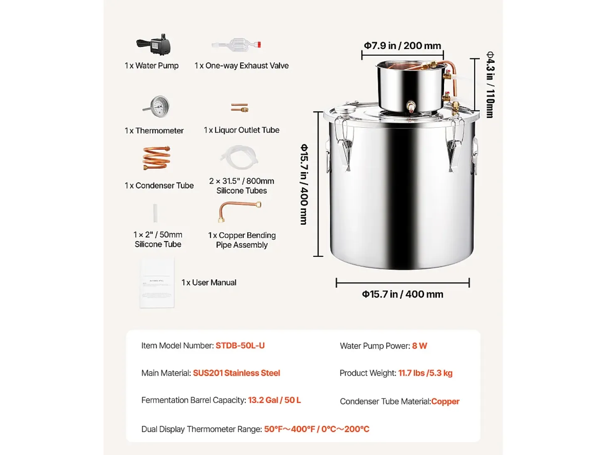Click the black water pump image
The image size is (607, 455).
coord(154,45)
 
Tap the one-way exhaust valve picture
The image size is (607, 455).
coord(237,44)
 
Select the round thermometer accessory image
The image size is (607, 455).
coord(156,106)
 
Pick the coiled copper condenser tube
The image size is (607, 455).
coord(156,158)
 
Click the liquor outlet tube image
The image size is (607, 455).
coord(239,108)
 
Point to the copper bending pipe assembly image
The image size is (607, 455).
coord(239,212)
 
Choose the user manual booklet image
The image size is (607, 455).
coord(157,282)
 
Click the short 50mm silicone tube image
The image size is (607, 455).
coord(155,213)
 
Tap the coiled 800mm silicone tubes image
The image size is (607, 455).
coord(239,157)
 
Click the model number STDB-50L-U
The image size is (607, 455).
coord(240,345)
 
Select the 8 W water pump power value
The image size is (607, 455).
coord(419,346)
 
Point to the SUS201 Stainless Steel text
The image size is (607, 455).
coord(237,373)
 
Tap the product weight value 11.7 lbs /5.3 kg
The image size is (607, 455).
coord(425,373)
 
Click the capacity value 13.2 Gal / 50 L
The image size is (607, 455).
coord(274,400)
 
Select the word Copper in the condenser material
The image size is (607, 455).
coord(445,401)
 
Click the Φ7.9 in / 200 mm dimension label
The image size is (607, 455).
coord(402,46)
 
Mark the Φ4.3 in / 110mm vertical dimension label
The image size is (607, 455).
coord(490,84)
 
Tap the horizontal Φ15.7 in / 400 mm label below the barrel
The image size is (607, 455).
coord(402,294)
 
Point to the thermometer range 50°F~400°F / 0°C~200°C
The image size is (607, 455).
coord(317,429)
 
